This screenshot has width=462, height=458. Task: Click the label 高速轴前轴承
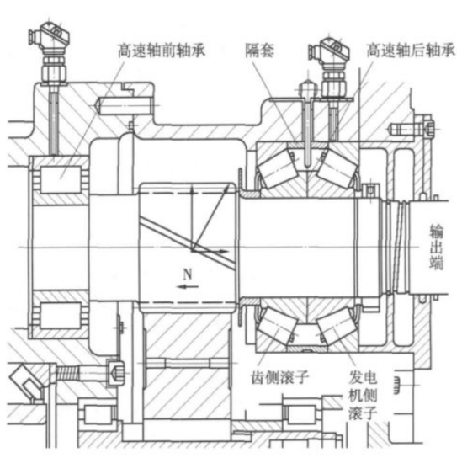point(162,51)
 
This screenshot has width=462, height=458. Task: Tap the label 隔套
point(259,51)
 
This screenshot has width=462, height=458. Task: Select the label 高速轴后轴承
point(411,51)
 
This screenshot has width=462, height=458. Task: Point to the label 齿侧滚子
point(279,377)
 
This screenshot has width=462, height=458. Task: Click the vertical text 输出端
point(436,247)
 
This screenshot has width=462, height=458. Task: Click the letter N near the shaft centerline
point(188,274)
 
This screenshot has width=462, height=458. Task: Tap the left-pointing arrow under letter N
point(189,286)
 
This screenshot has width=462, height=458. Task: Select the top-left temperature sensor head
point(50,37)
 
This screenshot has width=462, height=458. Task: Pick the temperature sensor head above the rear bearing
point(329,51)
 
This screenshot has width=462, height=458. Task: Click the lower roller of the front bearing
point(61,316)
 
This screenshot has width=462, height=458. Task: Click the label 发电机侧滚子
point(363,396)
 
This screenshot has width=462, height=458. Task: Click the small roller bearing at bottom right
point(300,415)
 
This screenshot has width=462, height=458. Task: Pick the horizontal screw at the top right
point(412,129)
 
